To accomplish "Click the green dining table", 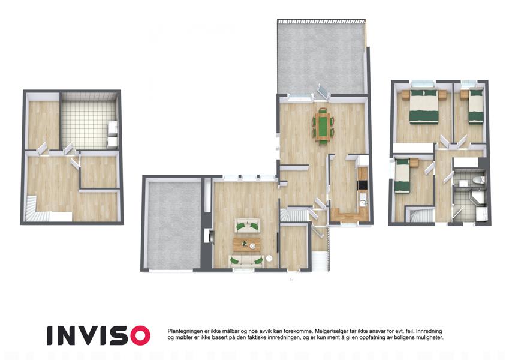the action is tap(323, 126).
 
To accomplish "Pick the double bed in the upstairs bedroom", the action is tap(424, 107).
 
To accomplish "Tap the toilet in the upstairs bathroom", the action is tap(478, 180).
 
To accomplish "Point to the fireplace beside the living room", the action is tap(208, 236).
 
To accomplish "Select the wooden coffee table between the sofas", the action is tap(246, 245).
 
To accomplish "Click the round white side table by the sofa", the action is tap(269, 259).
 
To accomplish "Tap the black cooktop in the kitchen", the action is tap(363, 185).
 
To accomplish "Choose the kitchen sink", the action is tap(363, 203).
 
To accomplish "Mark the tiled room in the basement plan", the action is tap(89, 121).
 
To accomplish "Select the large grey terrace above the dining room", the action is tap(321, 58).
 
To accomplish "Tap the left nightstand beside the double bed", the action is tap(405, 95).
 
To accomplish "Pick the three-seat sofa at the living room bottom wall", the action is tap(246, 261).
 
